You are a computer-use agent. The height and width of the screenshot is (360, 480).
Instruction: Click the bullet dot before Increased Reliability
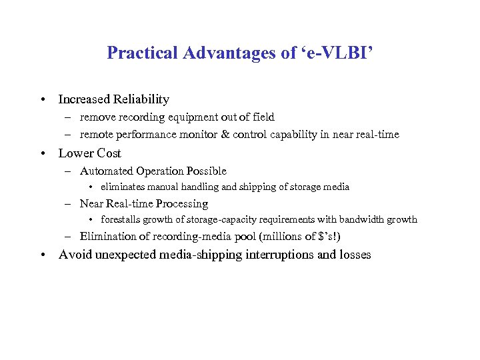tap(43, 100)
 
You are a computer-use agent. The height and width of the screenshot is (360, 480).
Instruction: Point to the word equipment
tap(199, 117)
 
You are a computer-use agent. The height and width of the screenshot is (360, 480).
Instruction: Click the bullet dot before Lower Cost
tap(43, 153)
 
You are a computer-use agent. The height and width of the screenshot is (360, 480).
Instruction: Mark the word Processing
tap(182, 204)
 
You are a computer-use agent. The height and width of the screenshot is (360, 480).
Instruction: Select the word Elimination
tap(108, 236)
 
